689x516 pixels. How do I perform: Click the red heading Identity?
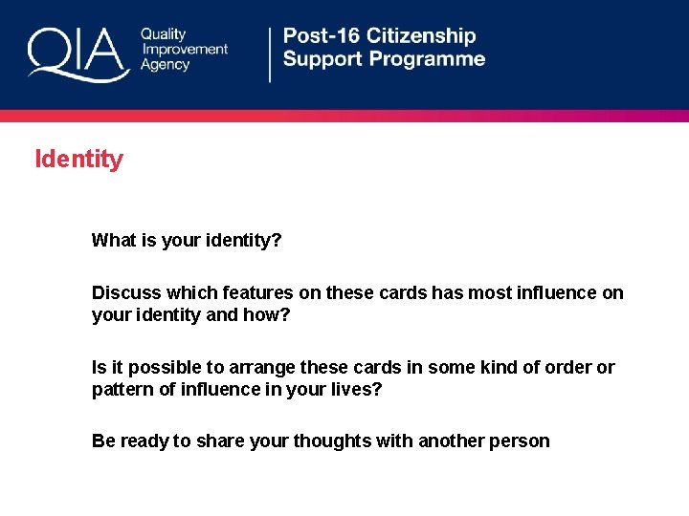click(78, 159)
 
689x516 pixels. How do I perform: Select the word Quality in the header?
click(164, 34)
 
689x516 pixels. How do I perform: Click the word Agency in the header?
click(166, 65)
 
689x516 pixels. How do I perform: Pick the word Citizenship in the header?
click(422, 36)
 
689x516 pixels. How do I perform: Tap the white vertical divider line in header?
click(270, 54)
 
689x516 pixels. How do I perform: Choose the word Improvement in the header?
click(185, 50)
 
